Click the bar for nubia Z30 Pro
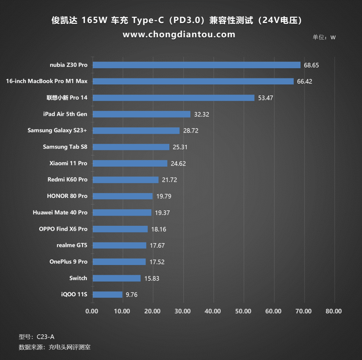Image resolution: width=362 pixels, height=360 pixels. point(196,65)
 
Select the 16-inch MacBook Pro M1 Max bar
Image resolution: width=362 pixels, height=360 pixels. point(193,81)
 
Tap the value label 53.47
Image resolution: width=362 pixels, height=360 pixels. point(265,98)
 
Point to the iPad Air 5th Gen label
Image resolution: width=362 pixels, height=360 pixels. point(65,114)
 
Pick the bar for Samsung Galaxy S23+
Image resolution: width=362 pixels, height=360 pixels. point(136,130)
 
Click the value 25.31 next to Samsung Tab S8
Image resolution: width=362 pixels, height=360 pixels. point(181,147)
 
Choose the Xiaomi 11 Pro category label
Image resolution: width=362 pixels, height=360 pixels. point(68,163)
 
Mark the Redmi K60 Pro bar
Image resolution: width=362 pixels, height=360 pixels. point(126,180)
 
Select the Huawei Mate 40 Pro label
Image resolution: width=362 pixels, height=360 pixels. point(60,213)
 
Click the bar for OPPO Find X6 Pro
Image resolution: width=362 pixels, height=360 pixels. point(120,229)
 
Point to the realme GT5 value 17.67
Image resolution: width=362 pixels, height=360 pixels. point(157,245)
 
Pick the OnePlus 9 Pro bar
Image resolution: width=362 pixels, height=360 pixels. point(119,262)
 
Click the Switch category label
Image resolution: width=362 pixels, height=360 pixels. point(78,278)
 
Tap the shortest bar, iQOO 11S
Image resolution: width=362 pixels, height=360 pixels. point(107,294)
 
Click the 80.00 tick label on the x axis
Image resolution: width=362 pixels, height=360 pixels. point(333,311)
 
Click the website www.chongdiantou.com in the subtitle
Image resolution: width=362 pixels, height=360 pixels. point(179,35)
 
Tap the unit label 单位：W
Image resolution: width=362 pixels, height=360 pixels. point(324,37)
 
